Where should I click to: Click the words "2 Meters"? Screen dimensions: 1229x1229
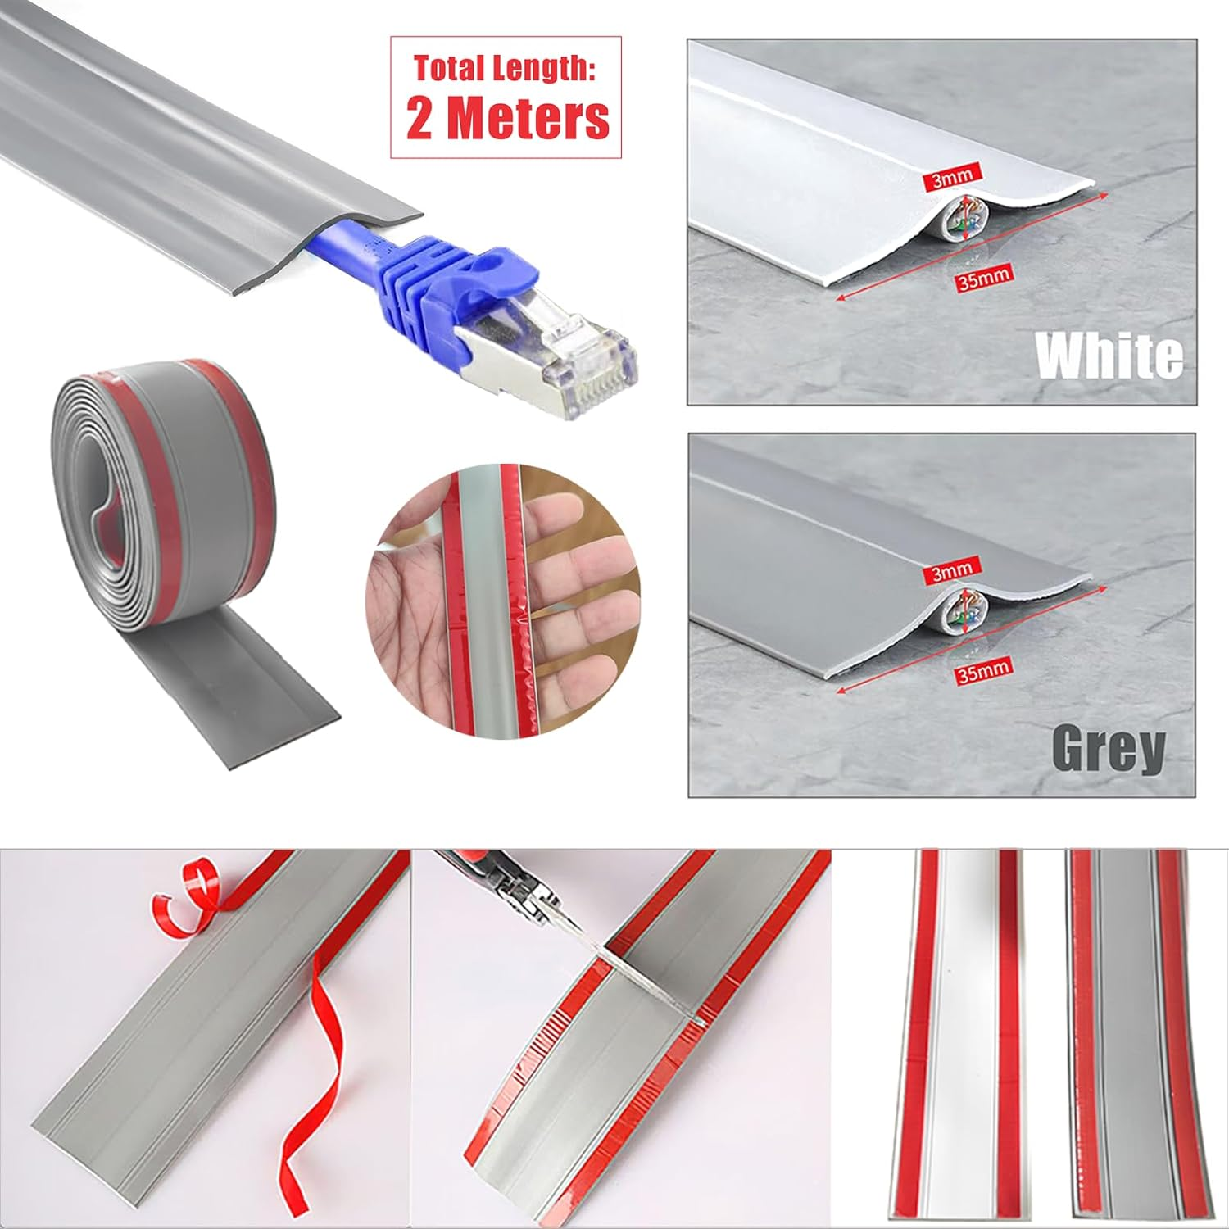(507, 119)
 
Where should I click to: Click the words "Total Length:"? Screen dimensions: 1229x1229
(504, 68)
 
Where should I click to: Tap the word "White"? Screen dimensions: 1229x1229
(1109, 356)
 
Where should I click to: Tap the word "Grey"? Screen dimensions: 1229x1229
(1108, 748)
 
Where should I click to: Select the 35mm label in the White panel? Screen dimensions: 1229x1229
(983, 279)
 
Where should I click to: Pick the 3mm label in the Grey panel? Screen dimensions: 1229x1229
(953, 571)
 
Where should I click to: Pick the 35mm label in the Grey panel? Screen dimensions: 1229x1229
(983, 671)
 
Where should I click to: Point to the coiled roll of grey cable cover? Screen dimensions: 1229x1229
(164, 492)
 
